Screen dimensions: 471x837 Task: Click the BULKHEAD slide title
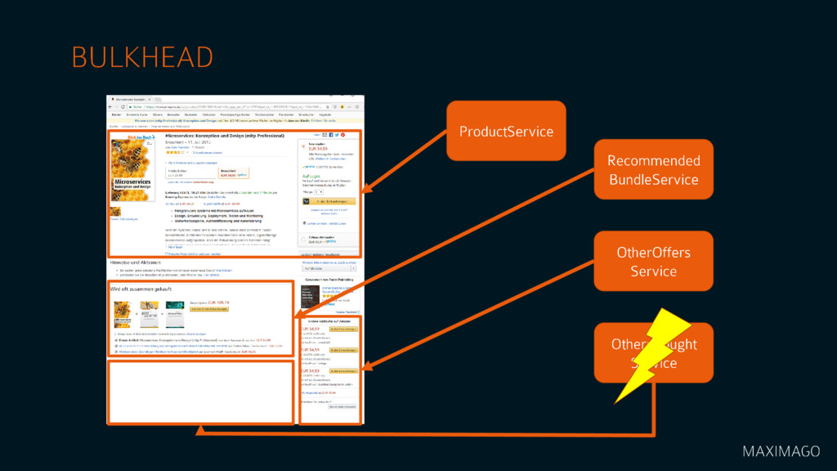coord(142,57)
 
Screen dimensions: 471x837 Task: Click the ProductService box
coord(506,131)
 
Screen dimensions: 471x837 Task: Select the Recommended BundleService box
coord(653,170)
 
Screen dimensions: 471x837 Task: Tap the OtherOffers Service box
coord(653,261)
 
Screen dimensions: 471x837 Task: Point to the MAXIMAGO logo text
coord(781,451)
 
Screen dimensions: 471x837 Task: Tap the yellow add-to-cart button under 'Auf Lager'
coord(331,200)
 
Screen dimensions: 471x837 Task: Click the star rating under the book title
coord(176,151)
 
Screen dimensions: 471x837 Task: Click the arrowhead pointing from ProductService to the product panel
coord(365,193)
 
